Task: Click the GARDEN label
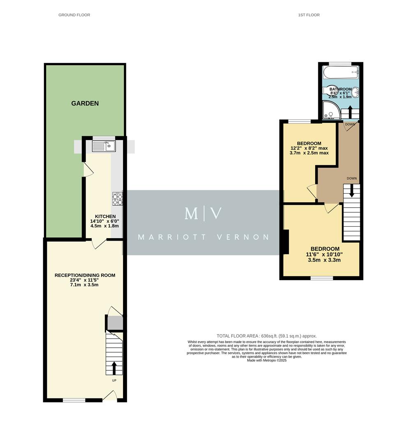[x=85, y=103]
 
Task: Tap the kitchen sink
[x=103, y=145]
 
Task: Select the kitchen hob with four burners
[x=118, y=199]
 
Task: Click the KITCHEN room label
[x=105, y=216]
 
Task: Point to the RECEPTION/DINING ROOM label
[x=85, y=275]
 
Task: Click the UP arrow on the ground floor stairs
[x=114, y=368]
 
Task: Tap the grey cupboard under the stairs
[x=115, y=323]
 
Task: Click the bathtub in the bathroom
[x=341, y=73]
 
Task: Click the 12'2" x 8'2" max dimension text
[x=309, y=148]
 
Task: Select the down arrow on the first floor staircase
[x=351, y=191]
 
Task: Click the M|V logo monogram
[x=203, y=213]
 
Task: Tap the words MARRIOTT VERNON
[x=203, y=237]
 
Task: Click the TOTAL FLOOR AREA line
[x=267, y=336]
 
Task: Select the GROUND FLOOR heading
[x=74, y=15]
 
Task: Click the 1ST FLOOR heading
[x=309, y=15]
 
